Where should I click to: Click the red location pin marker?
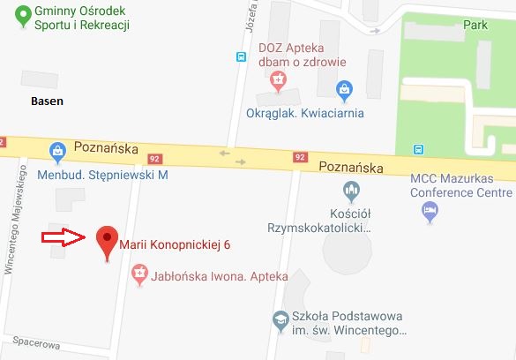coord(107,239)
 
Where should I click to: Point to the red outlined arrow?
coord(64,236)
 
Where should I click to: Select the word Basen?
coord(46,101)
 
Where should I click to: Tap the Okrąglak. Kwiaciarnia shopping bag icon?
coord(345,89)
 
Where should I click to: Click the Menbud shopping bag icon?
coord(58,153)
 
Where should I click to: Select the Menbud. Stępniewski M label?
coord(102,175)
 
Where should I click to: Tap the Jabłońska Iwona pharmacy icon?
coord(138,276)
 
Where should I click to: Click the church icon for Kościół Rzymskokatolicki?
coord(350,190)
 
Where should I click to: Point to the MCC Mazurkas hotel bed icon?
coord(429,210)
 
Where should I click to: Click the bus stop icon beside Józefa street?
coord(239,57)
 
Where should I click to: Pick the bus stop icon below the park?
coord(419,149)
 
